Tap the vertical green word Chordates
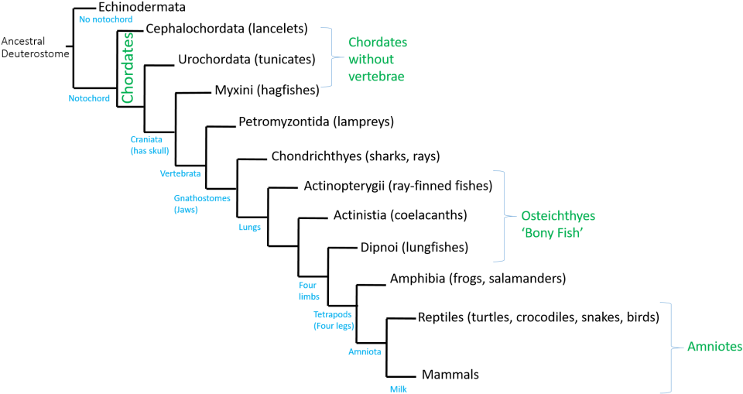coord(128,67)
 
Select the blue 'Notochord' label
coord(89,98)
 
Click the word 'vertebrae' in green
coord(376,77)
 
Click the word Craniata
coord(146,139)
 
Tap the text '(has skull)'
coord(149,151)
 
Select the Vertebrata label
coord(180,174)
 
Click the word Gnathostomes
coord(202,198)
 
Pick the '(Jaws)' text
coord(186,210)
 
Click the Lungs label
coord(249,228)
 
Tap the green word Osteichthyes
coord(558,216)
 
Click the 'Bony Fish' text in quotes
coord(552,233)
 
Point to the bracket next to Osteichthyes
coord(502,216)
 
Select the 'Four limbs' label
coord(308,291)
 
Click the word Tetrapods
coord(333,315)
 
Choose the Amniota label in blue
coord(365,352)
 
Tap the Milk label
coord(398,389)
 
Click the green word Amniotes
coord(714,347)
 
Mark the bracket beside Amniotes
coord(668,347)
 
